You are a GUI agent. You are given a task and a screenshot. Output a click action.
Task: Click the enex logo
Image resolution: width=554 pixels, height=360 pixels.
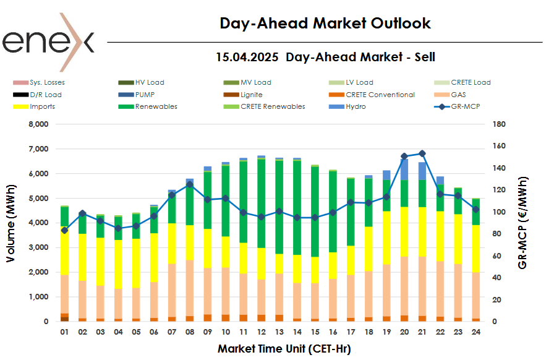(48, 42)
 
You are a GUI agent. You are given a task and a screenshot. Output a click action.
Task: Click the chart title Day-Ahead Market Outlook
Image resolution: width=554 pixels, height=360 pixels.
(325, 24)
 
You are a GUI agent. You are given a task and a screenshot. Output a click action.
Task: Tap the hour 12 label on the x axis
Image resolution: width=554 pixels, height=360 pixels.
(261, 332)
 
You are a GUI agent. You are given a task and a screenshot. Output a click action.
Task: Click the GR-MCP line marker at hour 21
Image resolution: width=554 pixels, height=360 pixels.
(422, 153)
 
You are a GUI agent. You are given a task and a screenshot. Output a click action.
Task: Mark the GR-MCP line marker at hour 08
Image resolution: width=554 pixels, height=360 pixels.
(190, 184)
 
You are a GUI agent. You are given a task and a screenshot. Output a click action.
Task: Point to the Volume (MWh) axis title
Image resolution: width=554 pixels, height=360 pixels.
(12, 223)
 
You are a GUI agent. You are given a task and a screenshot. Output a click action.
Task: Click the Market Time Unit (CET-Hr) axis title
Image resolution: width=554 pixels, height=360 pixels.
(284, 349)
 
